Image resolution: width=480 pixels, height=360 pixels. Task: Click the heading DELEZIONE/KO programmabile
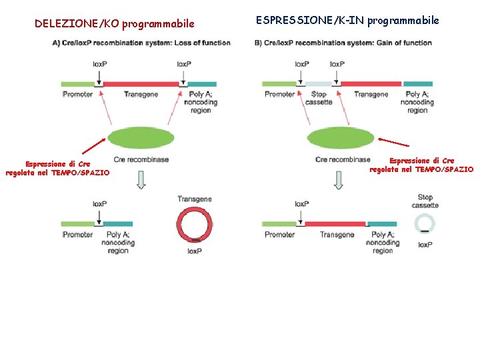click(x=115, y=24)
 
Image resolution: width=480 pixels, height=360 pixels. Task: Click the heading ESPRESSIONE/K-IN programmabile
click(x=347, y=21)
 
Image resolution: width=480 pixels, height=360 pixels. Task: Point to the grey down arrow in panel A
click(x=140, y=179)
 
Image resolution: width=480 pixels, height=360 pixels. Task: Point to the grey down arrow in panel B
click(x=339, y=179)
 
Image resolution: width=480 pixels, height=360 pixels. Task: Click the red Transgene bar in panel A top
click(x=141, y=85)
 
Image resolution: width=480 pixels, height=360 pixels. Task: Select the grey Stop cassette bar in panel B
click(x=319, y=85)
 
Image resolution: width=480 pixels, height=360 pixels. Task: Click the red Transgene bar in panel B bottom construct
click(x=335, y=224)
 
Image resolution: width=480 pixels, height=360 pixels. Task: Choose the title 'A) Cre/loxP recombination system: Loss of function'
click(x=141, y=43)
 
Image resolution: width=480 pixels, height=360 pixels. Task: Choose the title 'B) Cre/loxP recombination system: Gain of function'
click(x=343, y=43)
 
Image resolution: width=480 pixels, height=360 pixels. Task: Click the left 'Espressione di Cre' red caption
click(x=57, y=168)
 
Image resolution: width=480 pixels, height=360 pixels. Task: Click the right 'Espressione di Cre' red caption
click(x=421, y=165)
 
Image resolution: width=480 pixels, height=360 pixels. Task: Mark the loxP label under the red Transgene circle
click(x=195, y=251)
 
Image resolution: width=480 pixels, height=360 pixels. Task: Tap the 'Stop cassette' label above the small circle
click(x=425, y=201)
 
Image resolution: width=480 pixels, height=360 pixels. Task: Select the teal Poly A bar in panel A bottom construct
click(x=118, y=224)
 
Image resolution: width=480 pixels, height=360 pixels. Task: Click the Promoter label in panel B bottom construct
click(x=279, y=235)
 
